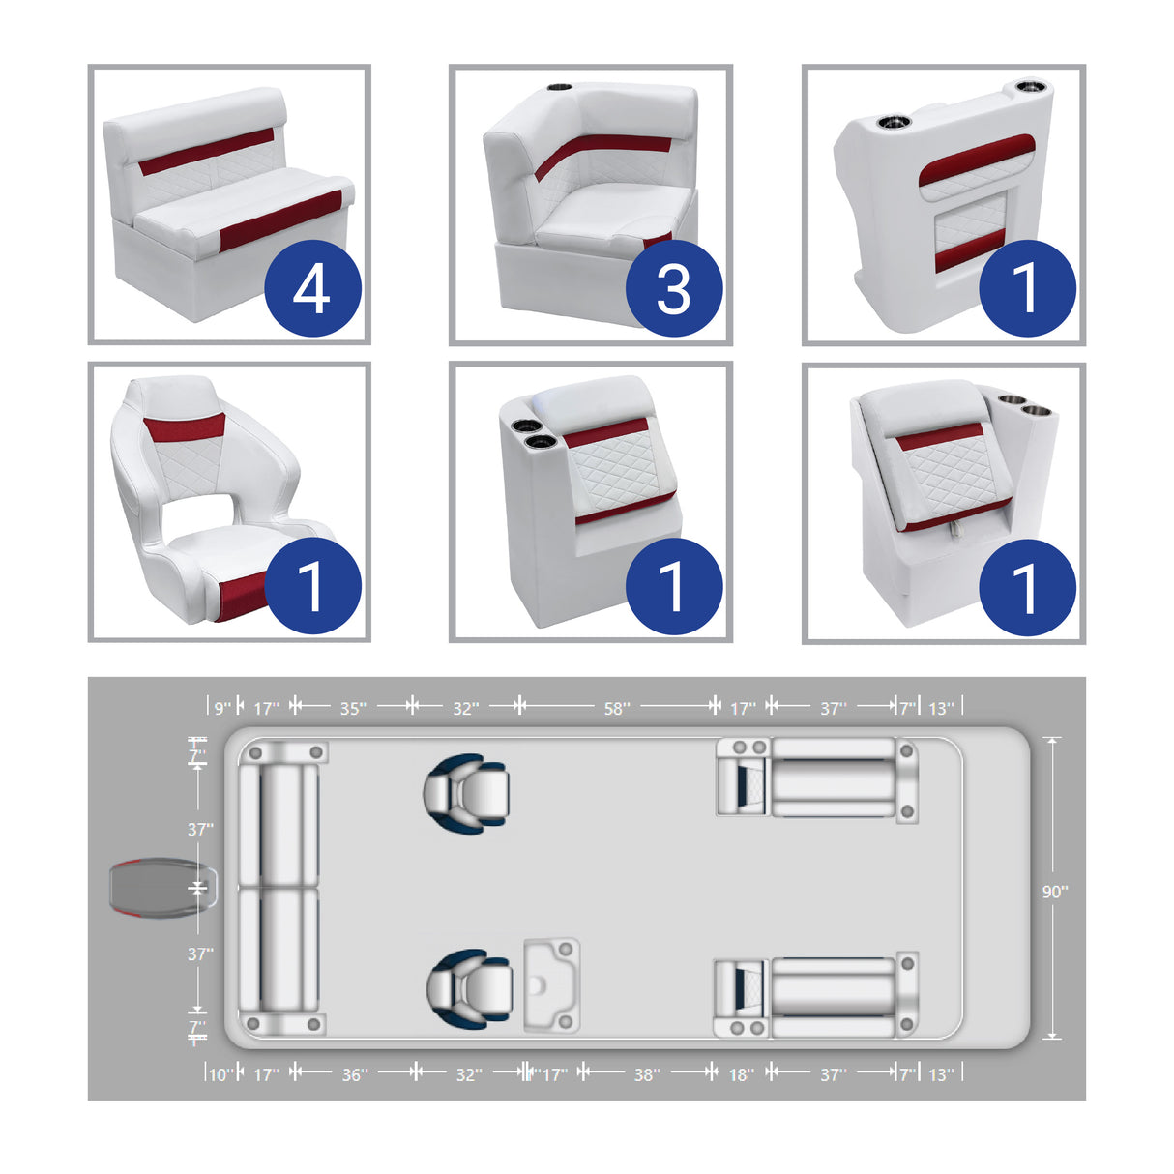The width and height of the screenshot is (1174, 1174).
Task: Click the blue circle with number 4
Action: point(312,288)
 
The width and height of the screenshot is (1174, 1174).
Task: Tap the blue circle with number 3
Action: point(673,288)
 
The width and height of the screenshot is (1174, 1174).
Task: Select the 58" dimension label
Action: point(616,709)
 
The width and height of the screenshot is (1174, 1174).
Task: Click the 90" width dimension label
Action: point(1054,892)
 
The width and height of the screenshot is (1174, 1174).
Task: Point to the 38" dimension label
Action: point(647,1074)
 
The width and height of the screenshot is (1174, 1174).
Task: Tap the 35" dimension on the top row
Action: point(352,709)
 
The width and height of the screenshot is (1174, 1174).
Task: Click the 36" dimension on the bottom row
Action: point(355,1074)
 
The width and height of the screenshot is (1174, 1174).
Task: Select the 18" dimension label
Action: point(741,1074)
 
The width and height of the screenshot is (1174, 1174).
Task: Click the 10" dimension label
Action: point(220,1074)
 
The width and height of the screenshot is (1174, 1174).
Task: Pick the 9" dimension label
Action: point(222,709)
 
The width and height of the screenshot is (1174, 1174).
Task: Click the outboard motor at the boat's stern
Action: point(160,888)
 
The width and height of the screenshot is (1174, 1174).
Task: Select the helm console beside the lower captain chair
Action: point(551,983)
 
